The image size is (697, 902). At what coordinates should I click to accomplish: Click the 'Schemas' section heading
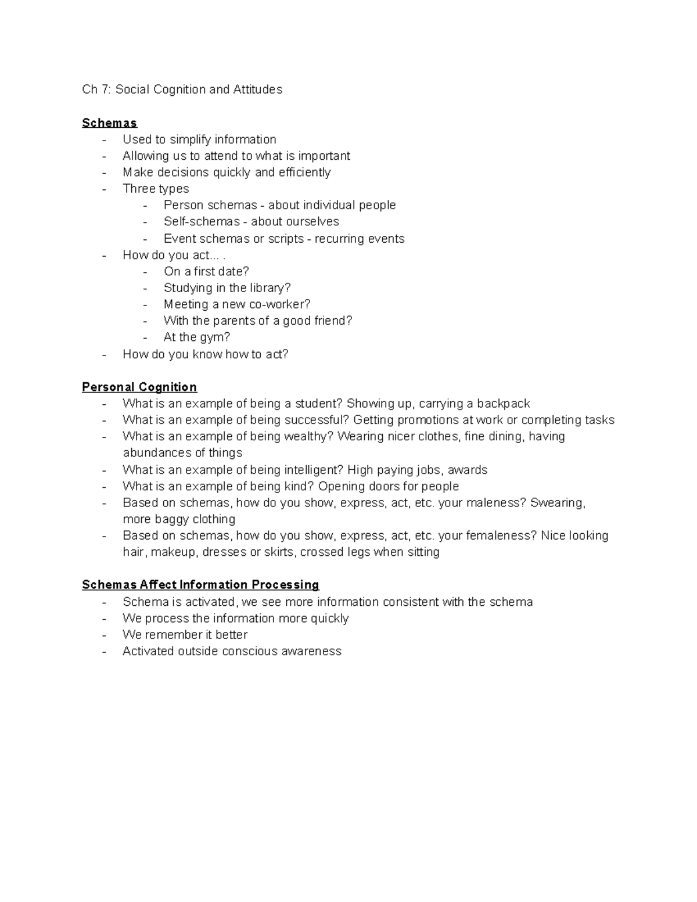[x=109, y=123]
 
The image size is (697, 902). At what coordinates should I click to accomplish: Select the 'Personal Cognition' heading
[x=139, y=387]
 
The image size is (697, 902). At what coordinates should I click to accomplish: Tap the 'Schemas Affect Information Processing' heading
[x=200, y=584]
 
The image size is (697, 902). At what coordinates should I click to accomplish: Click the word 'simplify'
[x=191, y=139]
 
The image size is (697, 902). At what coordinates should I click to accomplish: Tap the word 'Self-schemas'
[x=193, y=221]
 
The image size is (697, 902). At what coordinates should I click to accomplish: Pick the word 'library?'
[x=270, y=288]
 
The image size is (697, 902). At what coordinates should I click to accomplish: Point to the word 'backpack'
[x=503, y=403]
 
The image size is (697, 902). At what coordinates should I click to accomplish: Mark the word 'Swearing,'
[x=558, y=502]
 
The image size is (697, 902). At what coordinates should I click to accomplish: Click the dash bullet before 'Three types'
[x=104, y=189]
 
